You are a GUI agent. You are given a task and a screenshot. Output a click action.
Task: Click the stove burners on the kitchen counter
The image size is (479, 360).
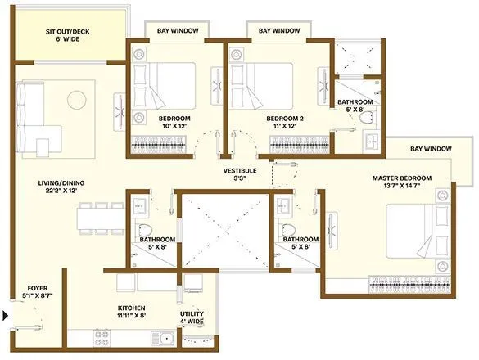click(104, 335)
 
